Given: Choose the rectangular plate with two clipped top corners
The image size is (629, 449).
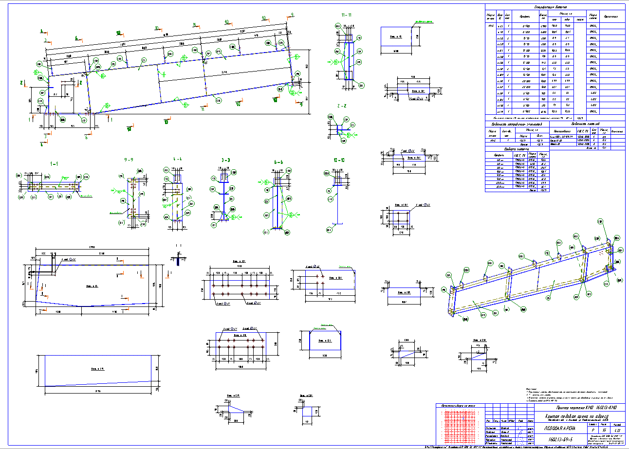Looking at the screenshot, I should tap(325, 344).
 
